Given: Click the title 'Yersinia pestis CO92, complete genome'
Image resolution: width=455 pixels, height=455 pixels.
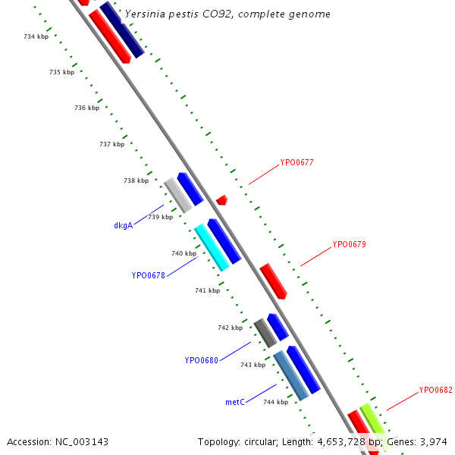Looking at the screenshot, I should pyautogui.click(x=227, y=14).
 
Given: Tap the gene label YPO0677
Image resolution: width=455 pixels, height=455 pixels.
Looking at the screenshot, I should pyautogui.click(x=297, y=162).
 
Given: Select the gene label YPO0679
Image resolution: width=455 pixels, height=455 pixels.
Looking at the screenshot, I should pyautogui.click(x=349, y=245).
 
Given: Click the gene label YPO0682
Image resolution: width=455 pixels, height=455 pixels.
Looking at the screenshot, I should pyautogui.click(x=435, y=391).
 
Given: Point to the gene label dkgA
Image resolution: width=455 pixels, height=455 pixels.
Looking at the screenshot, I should pyautogui.click(x=124, y=225).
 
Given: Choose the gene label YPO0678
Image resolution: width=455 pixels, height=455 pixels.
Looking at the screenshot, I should pyautogui.click(x=148, y=276).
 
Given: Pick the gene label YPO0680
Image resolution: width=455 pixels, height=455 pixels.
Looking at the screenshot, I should pyautogui.click(x=201, y=361).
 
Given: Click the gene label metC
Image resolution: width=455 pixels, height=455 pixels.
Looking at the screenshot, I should pyautogui.click(x=235, y=403).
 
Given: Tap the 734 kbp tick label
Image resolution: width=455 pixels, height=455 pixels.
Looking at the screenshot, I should pyautogui.click(x=36, y=36).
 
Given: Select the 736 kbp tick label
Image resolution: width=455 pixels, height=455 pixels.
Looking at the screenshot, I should pyautogui.click(x=87, y=108).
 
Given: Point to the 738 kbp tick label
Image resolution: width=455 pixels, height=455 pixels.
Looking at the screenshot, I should pyautogui.click(x=136, y=181).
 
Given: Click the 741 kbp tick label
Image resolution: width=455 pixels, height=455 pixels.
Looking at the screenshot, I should pyautogui.click(x=207, y=291).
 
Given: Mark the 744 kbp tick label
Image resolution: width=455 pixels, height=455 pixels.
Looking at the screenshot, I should pyautogui.click(x=275, y=403).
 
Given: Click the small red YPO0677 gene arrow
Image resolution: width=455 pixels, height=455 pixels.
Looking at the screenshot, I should pyautogui.click(x=221, y=200).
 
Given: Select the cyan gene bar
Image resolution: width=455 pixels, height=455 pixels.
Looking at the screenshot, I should pyautogui.click(x=212, y=247).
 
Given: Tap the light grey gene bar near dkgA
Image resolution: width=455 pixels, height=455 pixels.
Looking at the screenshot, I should pyautogui.click(x=178, y=195).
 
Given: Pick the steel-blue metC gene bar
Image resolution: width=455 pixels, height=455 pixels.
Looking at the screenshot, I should pyautogui.click(x=291, y=375).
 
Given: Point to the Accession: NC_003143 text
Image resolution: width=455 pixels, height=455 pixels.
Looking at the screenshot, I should pyautogui.click(x=58, y=441).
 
